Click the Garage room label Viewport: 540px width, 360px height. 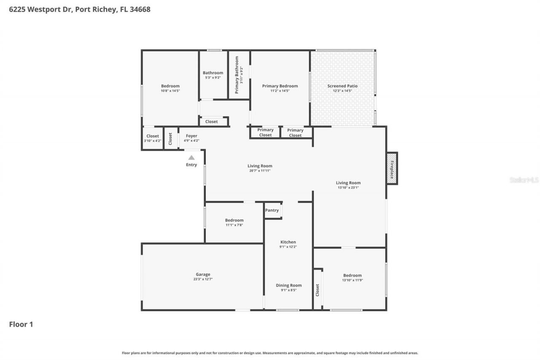202,274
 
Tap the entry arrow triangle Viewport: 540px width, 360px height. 192,157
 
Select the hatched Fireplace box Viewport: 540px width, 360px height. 392,168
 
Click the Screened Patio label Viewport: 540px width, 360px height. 342,86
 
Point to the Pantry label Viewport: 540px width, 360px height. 272,210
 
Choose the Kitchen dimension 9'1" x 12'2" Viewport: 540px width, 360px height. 288,247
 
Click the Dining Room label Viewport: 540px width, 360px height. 289,285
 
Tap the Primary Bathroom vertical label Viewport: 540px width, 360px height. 237,75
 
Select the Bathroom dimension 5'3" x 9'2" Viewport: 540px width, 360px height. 213,78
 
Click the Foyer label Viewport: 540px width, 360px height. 192,136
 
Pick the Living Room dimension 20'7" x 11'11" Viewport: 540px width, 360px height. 259,171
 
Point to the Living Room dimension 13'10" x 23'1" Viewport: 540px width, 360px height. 348,188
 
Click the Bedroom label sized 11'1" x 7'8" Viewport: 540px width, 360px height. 234,220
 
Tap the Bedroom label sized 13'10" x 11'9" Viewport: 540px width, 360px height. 352,275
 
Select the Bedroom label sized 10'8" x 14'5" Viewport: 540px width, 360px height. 170,86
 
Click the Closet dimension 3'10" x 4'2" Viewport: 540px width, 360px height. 152,141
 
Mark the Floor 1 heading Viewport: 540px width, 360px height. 21,324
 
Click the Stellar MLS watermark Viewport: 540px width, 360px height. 524,180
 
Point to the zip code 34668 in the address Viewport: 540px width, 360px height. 140,9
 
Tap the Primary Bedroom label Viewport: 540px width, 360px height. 280,86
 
